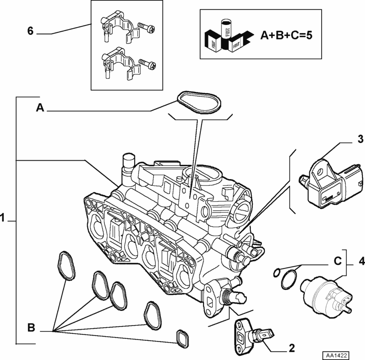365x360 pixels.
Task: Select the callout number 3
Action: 361,139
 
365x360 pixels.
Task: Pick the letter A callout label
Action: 39,108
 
